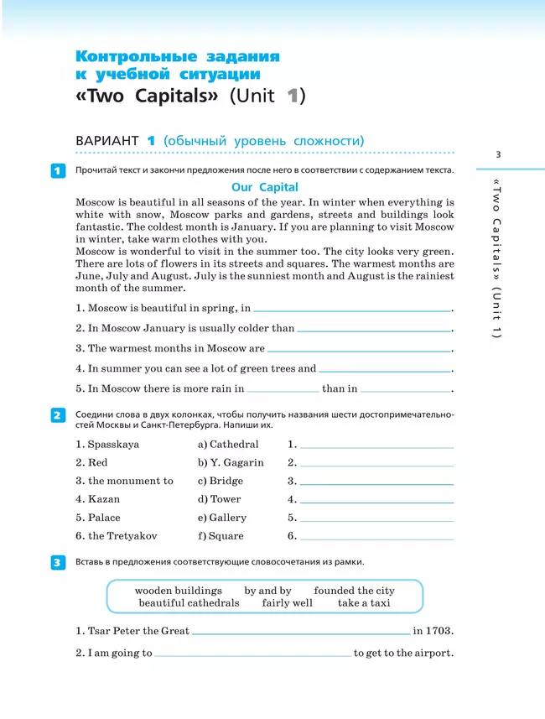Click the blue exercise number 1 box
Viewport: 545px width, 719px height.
[57, 171]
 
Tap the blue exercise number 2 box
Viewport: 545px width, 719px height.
[57, 415]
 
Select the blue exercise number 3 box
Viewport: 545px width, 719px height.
[57, 562]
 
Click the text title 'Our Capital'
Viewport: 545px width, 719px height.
[264, 187]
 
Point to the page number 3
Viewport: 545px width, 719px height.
[498, 154]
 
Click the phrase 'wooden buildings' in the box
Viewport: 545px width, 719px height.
[179, 591]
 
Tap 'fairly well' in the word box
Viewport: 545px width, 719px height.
[287, 602]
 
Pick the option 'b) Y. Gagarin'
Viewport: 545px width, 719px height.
[231, 462]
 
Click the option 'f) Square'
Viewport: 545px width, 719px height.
[221, 536]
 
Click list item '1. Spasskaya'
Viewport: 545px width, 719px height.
[107, 444]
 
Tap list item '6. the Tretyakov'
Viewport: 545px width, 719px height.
[116, 536]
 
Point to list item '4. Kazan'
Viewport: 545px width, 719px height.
[97, 499]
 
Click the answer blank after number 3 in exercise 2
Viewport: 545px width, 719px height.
[376, 483]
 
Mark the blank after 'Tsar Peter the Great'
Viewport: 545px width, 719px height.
[301, 633]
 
